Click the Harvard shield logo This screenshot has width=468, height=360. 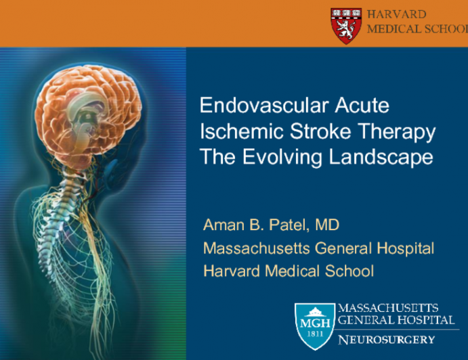pyautogui.click(x=345, y=25)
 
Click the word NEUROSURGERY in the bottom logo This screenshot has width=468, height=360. pyautogui.click(x=385, y=338)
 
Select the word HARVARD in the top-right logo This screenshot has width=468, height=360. pyautogui.click(x=396, y=14)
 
